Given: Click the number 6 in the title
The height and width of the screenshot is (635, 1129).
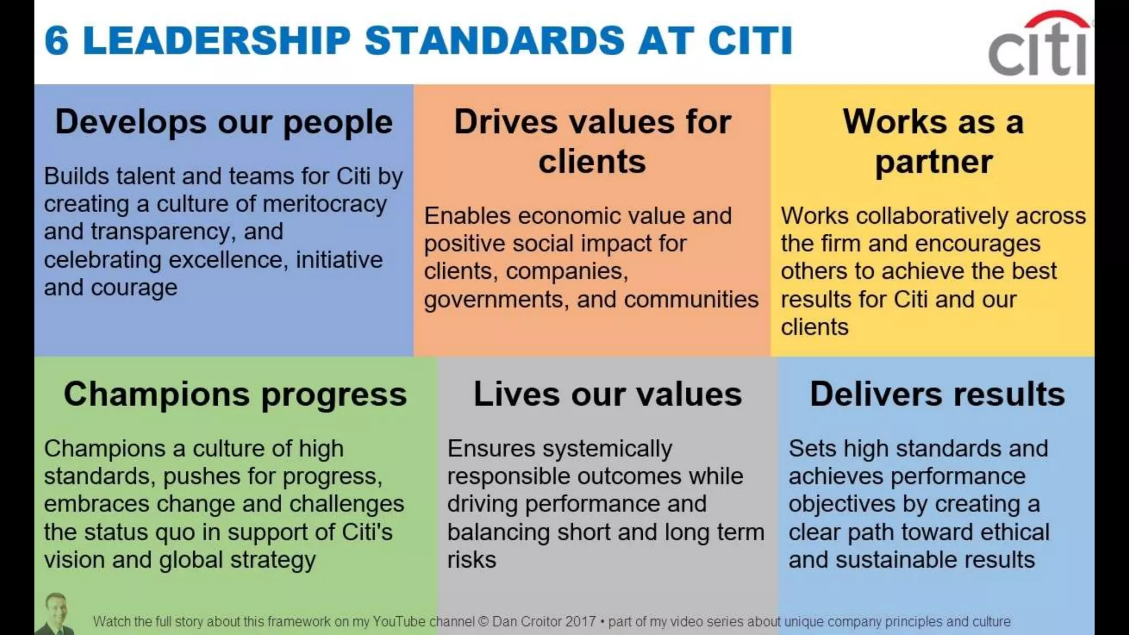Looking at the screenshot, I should pyautogui.click(x=56, y=41).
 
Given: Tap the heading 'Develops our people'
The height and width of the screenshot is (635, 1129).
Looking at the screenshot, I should pyautogui.click(x=224, y=122).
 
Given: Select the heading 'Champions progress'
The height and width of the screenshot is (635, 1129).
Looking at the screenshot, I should pyautogui.click(x=235, y=395).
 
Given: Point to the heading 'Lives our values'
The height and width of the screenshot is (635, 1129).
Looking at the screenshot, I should pyautogui.click(x=607, y=395).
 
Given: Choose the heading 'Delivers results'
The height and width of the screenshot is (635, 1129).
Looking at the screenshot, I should pyautogui.click(x=937, y=395).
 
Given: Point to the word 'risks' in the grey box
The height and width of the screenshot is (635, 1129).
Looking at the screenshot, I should pyautogui.click(x=471, y=560).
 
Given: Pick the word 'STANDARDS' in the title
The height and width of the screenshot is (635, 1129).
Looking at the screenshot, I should pyautogui.click(x=494, y=41).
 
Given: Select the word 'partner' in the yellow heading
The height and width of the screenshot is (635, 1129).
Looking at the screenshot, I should pyautogui.click(x=933, y=162).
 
